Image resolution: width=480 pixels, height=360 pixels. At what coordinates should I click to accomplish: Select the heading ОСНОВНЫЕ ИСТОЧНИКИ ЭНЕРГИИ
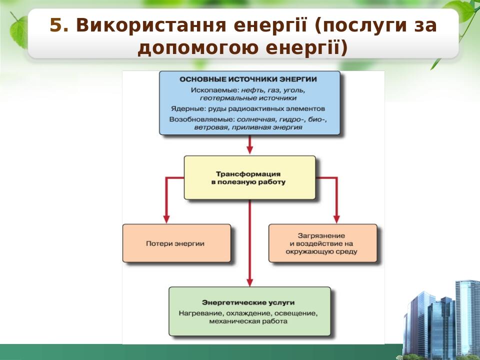[248, 79]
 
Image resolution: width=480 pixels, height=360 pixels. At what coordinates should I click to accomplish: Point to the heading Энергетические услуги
[248, 302]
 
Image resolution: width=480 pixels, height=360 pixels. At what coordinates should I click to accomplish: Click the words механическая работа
[248, 321]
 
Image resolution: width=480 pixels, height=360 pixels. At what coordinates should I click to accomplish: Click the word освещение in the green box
[296, 313]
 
